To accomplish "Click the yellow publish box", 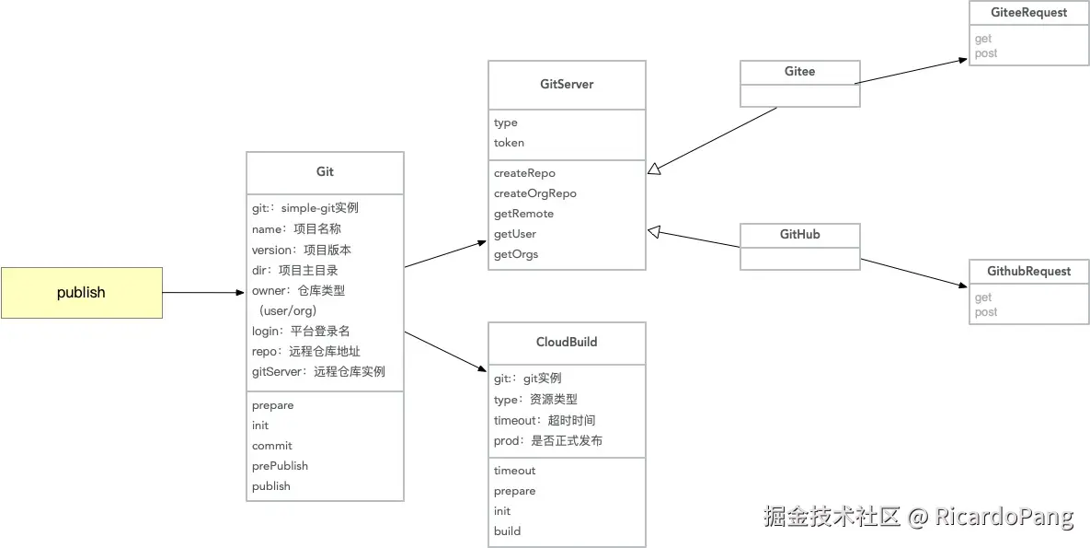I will (81, 293).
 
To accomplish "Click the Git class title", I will (325, 172).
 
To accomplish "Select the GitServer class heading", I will (567, 85).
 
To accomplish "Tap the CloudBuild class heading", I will (567, 343).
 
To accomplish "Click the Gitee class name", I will (799, 72).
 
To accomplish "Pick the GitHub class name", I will (799, 235).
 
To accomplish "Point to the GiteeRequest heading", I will (1028, 13).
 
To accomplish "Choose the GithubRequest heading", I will (1028, 272).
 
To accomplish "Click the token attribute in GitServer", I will (509, 143).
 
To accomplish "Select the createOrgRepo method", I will (534, 193).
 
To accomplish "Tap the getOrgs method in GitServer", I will (515, 254).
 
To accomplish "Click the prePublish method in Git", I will (280, 466).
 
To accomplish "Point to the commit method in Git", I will (271, 446).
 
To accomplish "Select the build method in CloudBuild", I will (507, 531).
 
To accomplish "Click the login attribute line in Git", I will (300, 331).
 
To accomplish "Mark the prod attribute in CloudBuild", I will (547, 441).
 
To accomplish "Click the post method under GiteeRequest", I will (986, 53).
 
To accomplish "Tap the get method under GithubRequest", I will (983, 297).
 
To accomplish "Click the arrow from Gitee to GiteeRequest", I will (911, 72).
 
